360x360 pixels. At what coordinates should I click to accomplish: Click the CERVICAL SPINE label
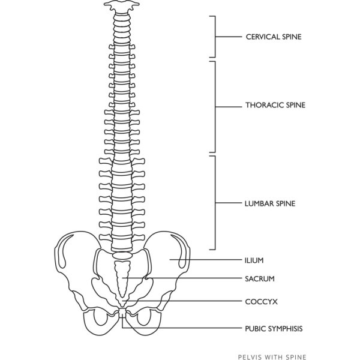274,37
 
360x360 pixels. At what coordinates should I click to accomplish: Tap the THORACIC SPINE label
275,105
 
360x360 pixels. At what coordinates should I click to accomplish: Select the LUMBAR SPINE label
270,203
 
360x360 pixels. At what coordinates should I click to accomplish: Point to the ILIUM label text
254,260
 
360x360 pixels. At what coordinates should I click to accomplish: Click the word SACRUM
260,279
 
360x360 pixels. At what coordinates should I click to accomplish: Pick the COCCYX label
261,301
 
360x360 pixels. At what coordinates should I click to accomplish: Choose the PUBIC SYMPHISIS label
274,329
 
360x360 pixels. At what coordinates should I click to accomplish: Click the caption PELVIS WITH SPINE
272,357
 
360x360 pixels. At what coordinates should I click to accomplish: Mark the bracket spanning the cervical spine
215,37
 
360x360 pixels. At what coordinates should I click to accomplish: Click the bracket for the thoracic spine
215,107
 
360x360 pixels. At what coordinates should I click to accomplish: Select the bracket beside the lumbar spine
215,203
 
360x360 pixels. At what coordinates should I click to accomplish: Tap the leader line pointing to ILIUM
206,260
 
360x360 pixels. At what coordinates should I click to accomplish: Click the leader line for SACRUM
182,278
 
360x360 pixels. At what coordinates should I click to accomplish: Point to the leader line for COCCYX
182,301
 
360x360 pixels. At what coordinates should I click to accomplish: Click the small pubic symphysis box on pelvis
123,313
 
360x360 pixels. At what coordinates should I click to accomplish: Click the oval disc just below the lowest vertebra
122,256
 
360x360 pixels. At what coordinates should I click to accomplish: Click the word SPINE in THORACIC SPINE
296,105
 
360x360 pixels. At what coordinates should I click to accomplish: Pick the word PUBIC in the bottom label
256,329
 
